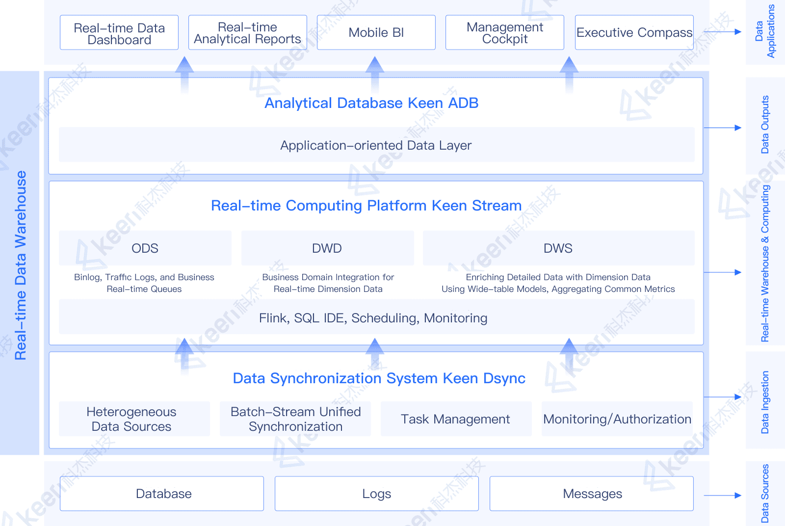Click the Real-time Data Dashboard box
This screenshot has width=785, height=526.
(119, 33)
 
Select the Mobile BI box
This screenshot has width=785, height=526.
(376, 33)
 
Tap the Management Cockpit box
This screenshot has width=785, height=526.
(505, 33)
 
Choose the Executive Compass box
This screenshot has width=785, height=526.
(634, 33)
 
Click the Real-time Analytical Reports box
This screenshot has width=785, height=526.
(248, 33)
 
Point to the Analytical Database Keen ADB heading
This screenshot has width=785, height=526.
(371, 103)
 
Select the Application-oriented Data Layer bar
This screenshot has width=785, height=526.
(376, 145)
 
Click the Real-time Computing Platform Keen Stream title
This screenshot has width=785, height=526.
(366, 206)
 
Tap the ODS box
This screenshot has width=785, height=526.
(145, 248)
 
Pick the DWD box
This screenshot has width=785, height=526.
(327, 248)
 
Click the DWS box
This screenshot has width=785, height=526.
(558, 248)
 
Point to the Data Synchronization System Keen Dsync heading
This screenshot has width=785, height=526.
(379, 378)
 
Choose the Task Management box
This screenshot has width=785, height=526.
(456, 419)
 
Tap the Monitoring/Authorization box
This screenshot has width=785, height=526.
(617, 419)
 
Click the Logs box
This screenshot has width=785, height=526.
(376, 494)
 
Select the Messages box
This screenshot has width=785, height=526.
(592, 494)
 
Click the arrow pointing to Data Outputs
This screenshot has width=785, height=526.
(722, 128)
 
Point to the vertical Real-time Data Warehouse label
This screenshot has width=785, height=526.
(20, 265)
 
